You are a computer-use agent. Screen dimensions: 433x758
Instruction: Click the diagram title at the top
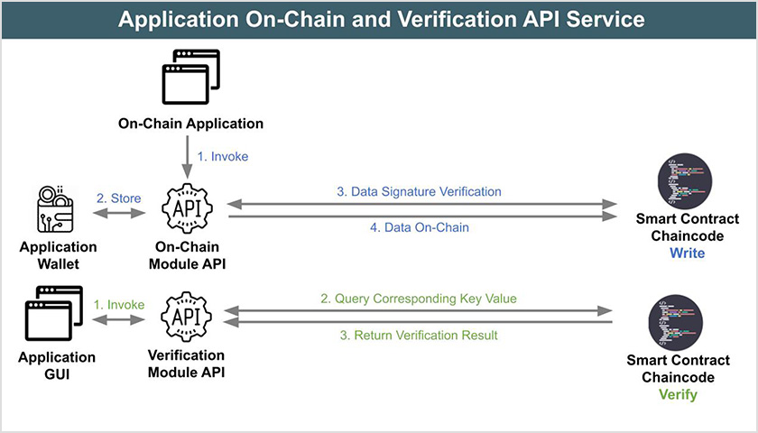[379, 19]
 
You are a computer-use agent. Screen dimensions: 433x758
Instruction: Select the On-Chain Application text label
[190, 124]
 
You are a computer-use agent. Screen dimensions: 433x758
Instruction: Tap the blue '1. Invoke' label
[222, 156]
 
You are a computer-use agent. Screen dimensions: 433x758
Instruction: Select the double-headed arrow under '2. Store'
[119, 214]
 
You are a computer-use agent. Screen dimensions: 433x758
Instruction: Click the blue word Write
[687, 253]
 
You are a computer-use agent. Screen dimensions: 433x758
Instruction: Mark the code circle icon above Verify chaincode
[677, 322]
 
